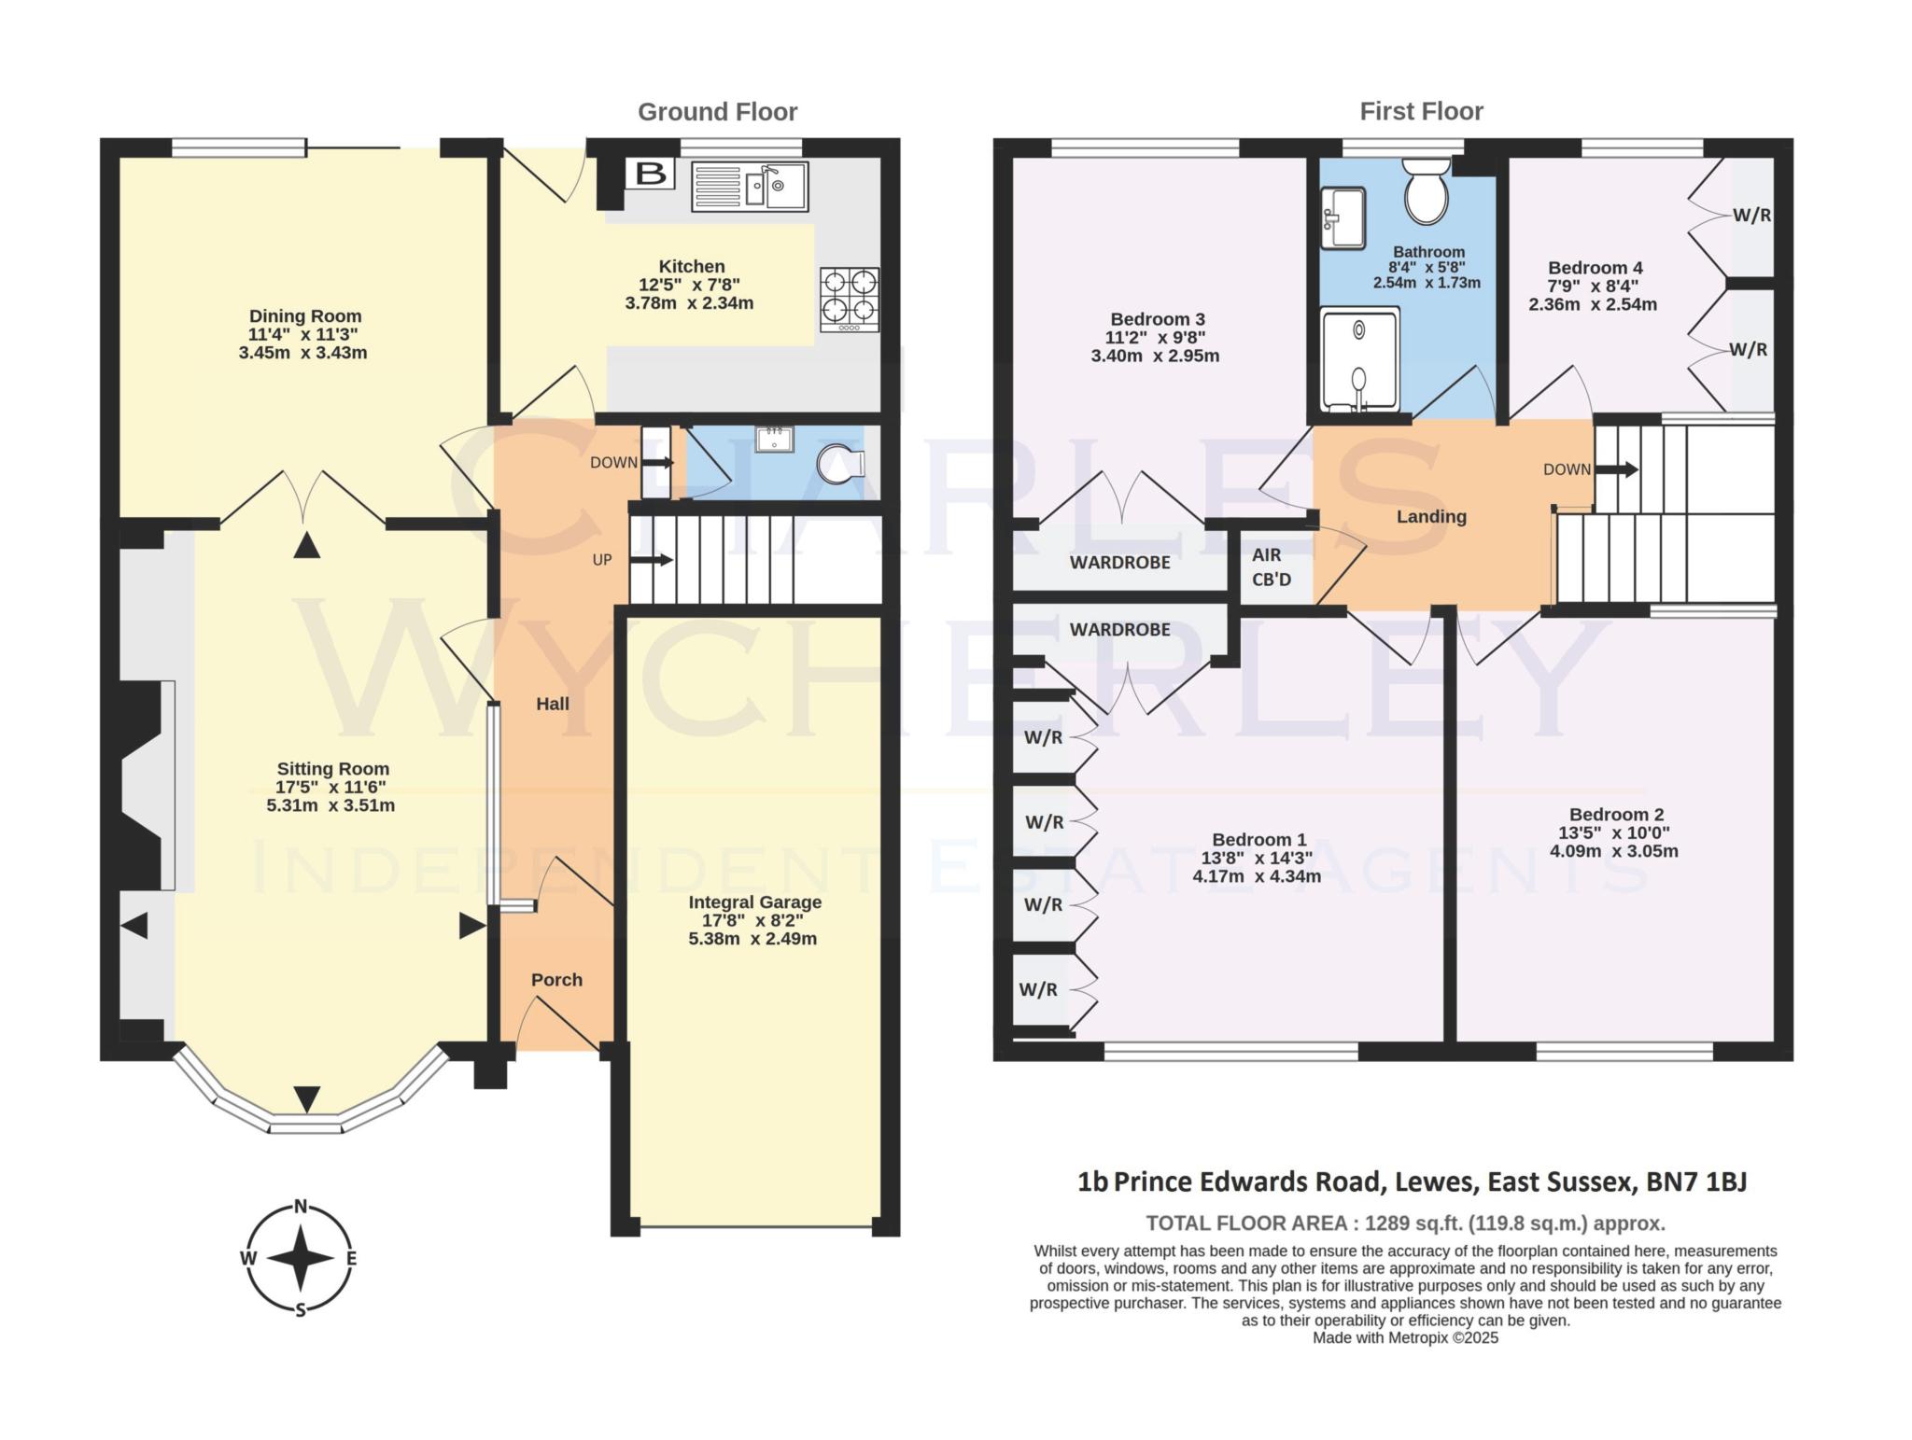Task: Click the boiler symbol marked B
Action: click(x=650, y=174)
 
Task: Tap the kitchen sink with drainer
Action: click(x=750, y=187)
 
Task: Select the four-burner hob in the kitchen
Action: click(x=850, y=299)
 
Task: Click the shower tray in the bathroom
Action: click(x=1360, y=359)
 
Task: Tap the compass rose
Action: click(x=301, y=1257)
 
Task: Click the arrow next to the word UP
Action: click(x=653, y=560)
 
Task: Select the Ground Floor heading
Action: click(x=717, y=112)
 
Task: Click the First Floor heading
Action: click(x=1421, y=112)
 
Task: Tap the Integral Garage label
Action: click(x=754, y=902)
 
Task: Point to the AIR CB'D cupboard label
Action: click(x=1272, y=567)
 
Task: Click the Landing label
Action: click(x=1431, y=517)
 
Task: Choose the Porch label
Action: click(x=556, y=980)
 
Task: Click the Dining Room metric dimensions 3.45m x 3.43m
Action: click(x=302, y=353)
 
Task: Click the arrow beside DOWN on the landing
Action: click(x=1616, y=469)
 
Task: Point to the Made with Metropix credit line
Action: click(x=1405, y=1338)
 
